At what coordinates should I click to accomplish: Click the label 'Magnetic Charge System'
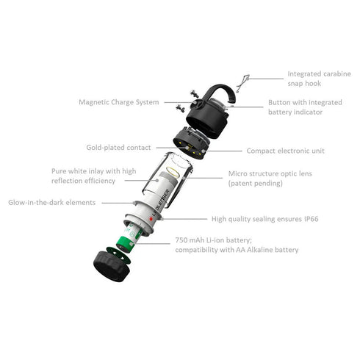pyautogui.click(x=118, y=101)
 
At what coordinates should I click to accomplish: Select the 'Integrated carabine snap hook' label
pyautogui.click(x=314, y=78)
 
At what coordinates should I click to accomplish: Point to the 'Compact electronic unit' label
pyautogui.click(x=285, y=151)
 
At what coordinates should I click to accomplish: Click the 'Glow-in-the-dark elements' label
pyautogui.click(x=52, y=201)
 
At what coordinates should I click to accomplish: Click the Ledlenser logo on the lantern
pyautogui.click(x=160, y=202)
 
